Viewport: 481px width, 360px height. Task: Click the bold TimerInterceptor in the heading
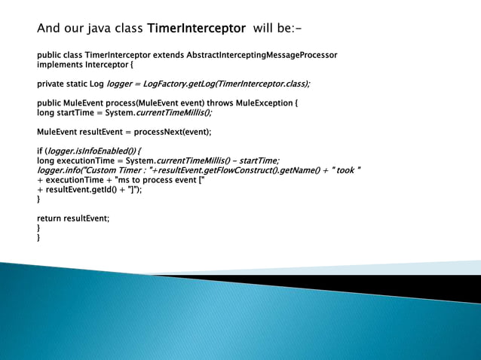pyautogui.click(x=196, y=29)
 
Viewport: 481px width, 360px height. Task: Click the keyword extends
pyautogui.click(x=165, y=56)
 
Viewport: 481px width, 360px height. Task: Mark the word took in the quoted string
pyautogui.click(x=345, y=170)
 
